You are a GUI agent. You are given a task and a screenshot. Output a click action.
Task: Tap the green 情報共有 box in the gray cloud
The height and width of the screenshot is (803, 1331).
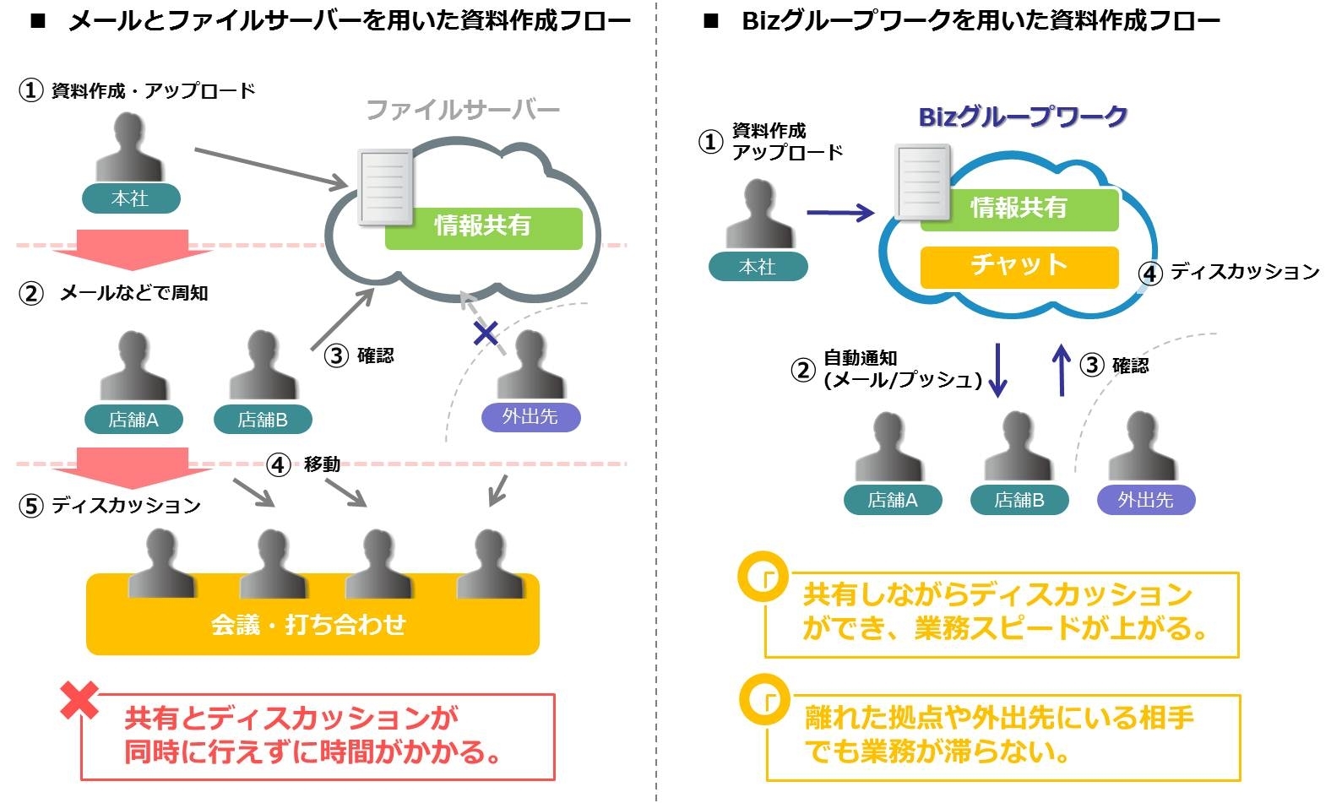[x=483, y=227]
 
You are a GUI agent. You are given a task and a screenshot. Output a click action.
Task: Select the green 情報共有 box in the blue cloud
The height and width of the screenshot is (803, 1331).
[x=1019, y=209]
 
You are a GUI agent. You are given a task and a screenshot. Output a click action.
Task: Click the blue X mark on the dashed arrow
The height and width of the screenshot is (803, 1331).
[x=486, y=334]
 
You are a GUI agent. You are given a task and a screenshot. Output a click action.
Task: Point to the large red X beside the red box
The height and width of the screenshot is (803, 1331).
[x=79, y=700]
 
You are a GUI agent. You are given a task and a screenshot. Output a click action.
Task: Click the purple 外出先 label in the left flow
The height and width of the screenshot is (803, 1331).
[x=530, y=417]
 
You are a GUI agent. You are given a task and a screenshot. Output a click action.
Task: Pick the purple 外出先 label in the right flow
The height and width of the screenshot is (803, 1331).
[x=1146, y=500]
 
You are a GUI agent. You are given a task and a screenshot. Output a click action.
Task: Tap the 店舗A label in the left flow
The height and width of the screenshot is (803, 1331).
[x=133, y=420]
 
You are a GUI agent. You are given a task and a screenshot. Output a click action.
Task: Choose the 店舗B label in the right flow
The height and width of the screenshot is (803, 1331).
[x=1019, y=500]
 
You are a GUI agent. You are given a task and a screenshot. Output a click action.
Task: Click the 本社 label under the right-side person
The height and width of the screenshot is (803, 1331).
[x=758, y=267]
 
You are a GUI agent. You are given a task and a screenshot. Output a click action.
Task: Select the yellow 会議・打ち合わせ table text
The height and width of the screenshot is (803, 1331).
[x=309, y=625]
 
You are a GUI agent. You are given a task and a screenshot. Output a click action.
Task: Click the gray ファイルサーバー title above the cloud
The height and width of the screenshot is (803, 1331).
[x=463, y=110]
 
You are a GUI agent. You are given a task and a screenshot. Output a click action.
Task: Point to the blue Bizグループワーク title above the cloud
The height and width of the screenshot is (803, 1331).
[x=1023, y=117]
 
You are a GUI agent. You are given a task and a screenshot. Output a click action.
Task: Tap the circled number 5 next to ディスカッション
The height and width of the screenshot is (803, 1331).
[x=31, y=506]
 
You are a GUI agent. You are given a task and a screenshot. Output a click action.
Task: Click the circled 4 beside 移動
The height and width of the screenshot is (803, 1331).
[x=279, y=464]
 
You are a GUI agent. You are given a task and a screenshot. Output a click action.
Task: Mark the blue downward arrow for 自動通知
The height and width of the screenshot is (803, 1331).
[x=997, y=369]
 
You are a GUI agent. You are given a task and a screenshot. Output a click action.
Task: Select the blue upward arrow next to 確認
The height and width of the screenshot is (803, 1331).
[x=1062, y=369]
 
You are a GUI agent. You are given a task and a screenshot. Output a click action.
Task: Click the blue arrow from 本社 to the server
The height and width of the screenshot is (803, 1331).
[x=839, y=213]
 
